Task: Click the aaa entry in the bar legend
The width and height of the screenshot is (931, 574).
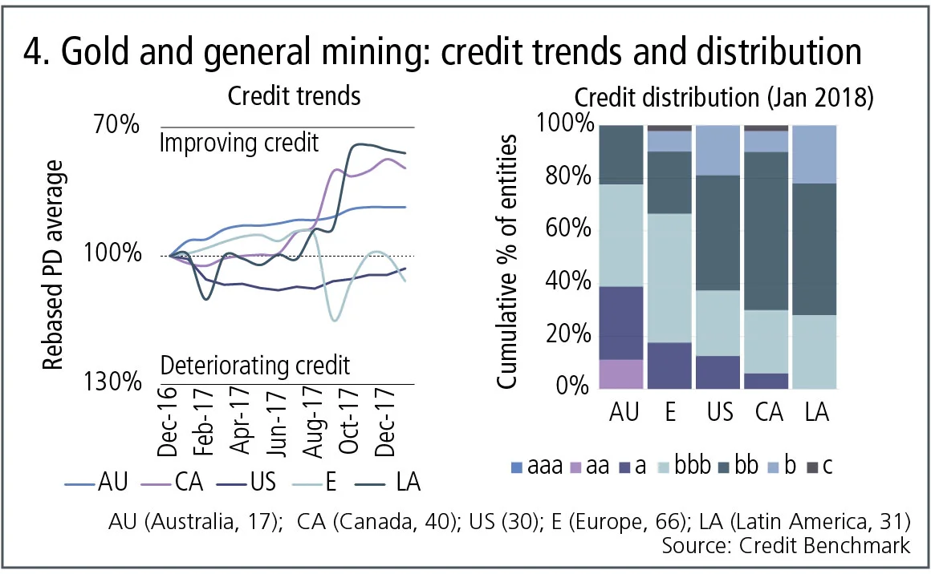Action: coord(531,465)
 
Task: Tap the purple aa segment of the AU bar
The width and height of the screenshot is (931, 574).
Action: coord(620,374)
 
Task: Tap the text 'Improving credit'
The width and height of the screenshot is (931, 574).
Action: coord(239,143)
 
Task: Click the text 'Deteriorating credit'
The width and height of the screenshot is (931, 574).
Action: coord(255,366)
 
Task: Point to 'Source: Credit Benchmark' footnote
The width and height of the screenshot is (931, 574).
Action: coord(786,546)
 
